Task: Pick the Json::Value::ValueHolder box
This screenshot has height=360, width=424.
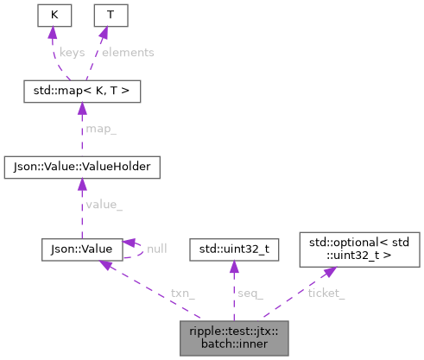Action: [80, 163]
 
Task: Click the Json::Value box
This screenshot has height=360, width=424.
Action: [77, 249]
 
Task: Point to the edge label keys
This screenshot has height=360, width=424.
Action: [73, 52]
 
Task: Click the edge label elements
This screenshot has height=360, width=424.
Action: [128, 52]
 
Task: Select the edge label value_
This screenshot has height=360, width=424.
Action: [104, 206]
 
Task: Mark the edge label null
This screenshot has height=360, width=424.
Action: [156, 248]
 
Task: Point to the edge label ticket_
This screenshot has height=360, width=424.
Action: [326, 293]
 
